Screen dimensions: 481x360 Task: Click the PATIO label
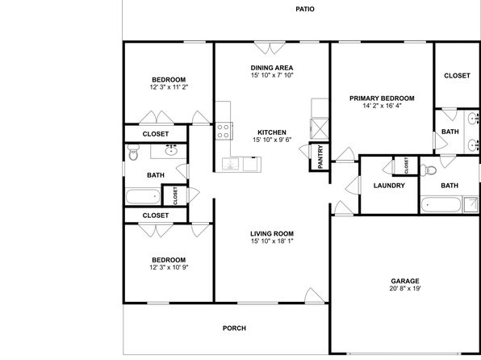[x=305, y=9]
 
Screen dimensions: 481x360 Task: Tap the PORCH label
[x=234, y=328]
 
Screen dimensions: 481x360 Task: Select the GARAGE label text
[x=405, y=281]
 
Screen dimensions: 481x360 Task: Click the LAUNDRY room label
[x=389, y=186]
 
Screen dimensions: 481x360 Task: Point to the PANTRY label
[x=320, y=157]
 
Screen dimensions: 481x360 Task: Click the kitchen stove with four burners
[x=224, y=131]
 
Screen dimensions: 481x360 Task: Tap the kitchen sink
[x=231, y=164]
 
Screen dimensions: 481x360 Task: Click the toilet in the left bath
[x=133, y=153]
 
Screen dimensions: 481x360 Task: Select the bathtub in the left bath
[x=143, y=196]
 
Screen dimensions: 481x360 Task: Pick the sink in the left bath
[x=170, y=150]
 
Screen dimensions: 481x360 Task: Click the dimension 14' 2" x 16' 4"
[x=382, y=106]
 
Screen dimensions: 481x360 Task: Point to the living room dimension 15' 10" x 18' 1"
[x=272, y=241]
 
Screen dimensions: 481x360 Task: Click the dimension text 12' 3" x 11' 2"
[x=169, y=87]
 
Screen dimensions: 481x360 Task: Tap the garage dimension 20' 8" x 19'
[x=405, y=288]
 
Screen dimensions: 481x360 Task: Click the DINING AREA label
[x=272, y=68]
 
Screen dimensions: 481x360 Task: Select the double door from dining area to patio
[x=270, y=48]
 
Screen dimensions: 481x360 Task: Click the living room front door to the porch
[x=315, y=296]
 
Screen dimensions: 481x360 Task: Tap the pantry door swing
[x=305, y=151]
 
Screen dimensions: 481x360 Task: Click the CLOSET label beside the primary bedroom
[x=457, y=76]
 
